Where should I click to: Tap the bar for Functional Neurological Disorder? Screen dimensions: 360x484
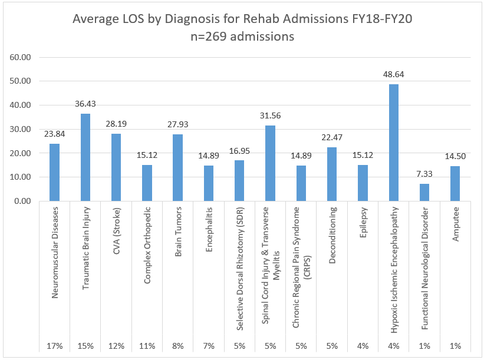[424, 192]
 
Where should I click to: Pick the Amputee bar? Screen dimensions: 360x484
[455, 183]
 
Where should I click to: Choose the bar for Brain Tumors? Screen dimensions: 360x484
[178, 167]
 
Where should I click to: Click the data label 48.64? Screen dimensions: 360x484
[393, 75]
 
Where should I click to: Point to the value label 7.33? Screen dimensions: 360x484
[424, 174]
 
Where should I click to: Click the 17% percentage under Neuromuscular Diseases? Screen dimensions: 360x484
[55, 345]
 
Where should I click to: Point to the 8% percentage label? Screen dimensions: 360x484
[178, 345]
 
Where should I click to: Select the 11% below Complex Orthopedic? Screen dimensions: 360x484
[147, 345]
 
